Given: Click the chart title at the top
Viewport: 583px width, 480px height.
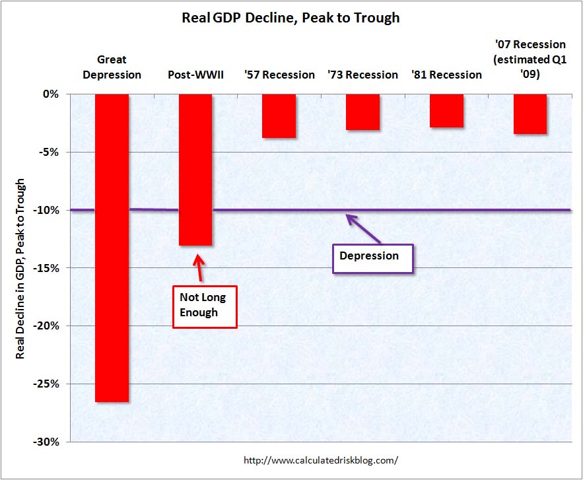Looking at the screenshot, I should (x=291, y=18).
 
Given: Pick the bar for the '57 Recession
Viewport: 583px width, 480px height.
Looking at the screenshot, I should (x=279, y=116).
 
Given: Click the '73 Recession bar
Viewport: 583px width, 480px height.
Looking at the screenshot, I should (x=362, y=112).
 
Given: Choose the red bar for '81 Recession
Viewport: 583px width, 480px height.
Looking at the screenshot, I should (x=446, y=111).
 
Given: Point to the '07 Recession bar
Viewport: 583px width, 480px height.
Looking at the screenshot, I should (x=530, y=114).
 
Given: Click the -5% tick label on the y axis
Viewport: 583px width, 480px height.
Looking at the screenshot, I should (x=50, y=153).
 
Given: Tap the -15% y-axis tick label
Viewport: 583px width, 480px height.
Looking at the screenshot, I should (x=47, y=268).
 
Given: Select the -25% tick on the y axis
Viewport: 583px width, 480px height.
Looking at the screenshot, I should (x=47, y=384).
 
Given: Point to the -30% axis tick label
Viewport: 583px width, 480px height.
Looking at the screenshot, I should (x=47, y=442).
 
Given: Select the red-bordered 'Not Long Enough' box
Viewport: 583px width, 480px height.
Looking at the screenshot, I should (x=204, y=306).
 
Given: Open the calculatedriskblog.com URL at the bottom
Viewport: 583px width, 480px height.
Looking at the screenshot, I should (x=321, y=460).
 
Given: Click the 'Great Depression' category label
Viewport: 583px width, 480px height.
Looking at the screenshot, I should (x=112, y=67).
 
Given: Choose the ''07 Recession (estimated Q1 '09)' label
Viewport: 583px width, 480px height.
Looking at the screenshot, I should (x=530, y=59).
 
